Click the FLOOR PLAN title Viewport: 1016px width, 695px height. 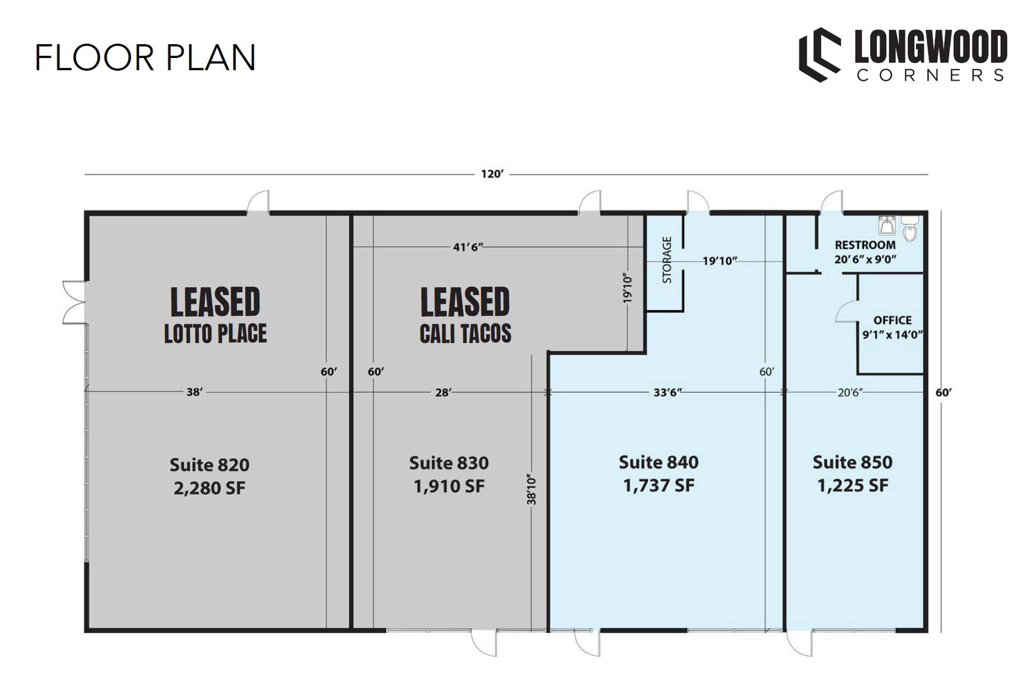[x=145, y=57]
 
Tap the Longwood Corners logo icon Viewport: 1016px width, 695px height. [x=820, y=55]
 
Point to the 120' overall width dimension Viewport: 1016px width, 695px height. [x=492, y=174]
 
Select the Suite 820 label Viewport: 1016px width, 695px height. [x=209, y=465]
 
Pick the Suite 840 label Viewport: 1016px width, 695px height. [x=658, y=462]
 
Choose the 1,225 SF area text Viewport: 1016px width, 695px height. [x=852, y=485]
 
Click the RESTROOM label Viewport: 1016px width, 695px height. [x=865, y=245]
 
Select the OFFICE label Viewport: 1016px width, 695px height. [x=892, y=320]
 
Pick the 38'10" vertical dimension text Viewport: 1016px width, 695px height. [x=531, y=490]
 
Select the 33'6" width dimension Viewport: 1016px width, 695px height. [x=668, y=392]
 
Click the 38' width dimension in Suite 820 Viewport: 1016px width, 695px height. [x=195, y=392]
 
